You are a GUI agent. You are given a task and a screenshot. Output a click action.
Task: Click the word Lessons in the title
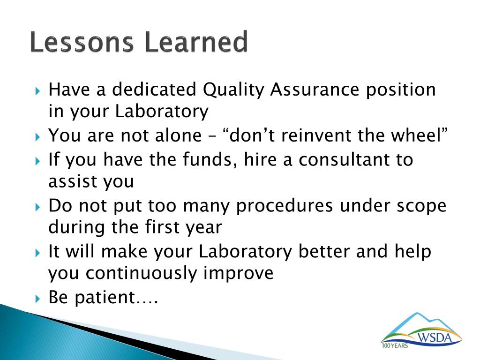[82, 42]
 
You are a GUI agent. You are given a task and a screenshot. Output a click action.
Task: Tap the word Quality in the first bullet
[233, 90]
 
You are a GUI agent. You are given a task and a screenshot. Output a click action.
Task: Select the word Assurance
[315, 90]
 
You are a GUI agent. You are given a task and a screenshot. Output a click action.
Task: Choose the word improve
[239, 274]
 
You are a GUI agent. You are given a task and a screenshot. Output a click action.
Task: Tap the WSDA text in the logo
[435, 337]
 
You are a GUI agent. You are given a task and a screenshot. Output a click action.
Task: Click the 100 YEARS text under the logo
[395, 345]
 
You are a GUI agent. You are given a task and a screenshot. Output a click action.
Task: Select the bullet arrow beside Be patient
[37, 299]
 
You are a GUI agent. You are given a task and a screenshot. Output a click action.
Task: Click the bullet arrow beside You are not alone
[37, 136]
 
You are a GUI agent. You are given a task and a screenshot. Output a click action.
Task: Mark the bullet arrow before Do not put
[37, 207]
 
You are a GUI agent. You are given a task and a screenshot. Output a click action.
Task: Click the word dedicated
[154, 90]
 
